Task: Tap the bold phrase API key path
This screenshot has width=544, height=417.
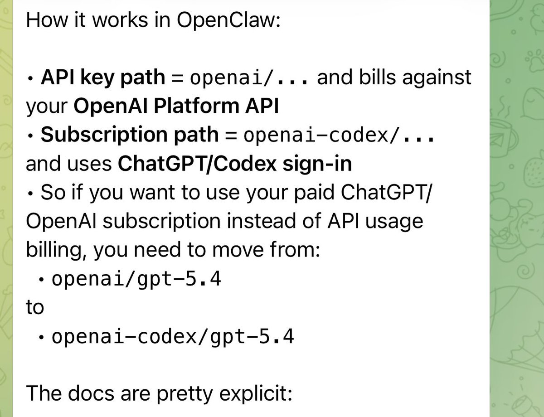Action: point(103,78)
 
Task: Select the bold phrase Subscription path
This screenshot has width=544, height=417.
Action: point(130,135)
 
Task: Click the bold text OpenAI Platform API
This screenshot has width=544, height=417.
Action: point(176,106)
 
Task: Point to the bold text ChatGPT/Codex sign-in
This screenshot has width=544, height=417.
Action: point(235,164)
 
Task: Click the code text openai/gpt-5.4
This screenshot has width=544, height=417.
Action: point(136,279)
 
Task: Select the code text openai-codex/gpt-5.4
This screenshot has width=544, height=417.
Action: point(173,337)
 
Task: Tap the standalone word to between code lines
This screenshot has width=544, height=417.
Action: point(35,307)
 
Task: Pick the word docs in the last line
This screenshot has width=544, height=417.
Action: point(91,394)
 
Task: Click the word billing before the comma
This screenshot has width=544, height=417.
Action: point(54,250)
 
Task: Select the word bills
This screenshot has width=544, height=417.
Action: point(378,77)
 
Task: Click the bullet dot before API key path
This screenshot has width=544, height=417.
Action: point(30,78)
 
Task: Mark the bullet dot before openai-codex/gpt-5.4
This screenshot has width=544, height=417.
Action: point(41,337)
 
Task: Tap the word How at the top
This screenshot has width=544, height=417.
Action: point(47,20)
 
